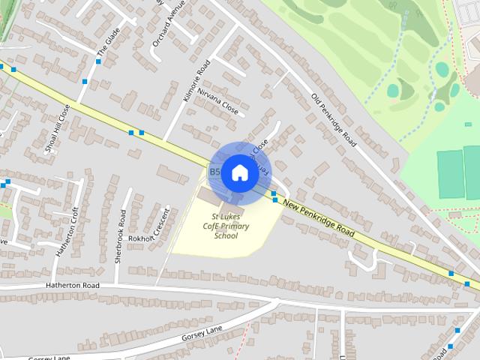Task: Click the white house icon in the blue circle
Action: coord(239,173)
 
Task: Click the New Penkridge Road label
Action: coord(319,220)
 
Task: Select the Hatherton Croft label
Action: coord(67,233)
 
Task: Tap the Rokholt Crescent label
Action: coord(150,235)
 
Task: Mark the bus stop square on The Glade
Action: coord(86,81)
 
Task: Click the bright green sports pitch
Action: coord(451,175)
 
